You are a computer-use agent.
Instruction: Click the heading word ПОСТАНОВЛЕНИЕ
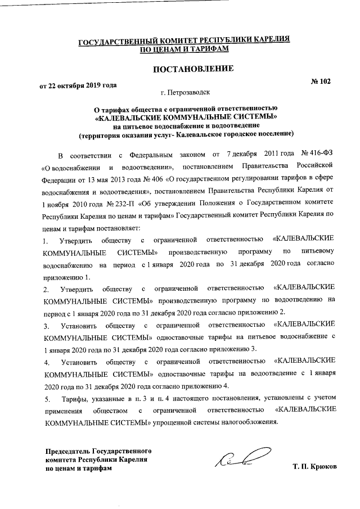[185, 69]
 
